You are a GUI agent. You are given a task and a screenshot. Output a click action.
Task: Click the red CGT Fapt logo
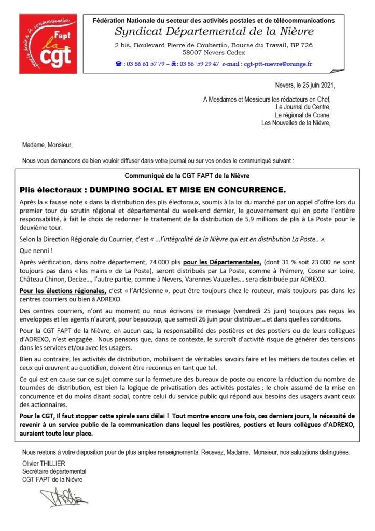click(46, 43)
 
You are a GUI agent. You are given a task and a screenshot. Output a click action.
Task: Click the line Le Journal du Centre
click(302, 107)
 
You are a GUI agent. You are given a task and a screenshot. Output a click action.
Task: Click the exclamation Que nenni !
click(34, 250)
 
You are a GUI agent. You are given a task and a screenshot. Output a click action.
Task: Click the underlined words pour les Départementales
click(223, 263)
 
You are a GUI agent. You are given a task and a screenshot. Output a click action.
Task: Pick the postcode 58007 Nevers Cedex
click(213, 52)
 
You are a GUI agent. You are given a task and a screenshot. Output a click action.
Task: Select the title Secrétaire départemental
click(54, 471)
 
